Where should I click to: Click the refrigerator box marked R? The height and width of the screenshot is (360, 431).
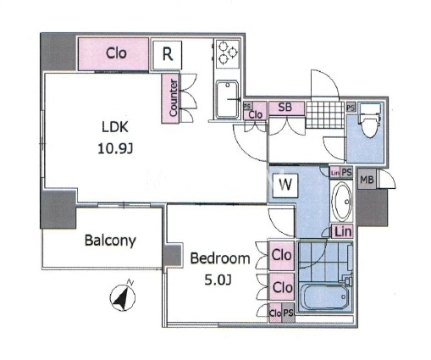pyautogui.click(x=167, y=54)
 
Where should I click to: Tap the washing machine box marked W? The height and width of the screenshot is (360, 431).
pyautogui.click(x=285, y=186)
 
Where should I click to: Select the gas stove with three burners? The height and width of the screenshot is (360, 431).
pyautogui.click(x=228, y=53)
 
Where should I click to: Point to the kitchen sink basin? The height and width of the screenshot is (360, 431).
pyautogui.click(x=227, y=99)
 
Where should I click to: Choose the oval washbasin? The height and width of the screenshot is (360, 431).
pyautogui.click(x=341, y=202)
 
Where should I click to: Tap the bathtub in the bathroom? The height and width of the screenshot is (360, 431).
pyautogui.click(x=324, y=296)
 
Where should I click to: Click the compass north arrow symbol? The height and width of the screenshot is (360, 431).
pyautogui.click(x=123, y=296)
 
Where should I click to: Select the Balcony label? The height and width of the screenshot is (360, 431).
pyautogui.click(x=110, y=241)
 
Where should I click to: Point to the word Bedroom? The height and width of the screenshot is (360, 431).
pyautogui.click(x=220, y=258)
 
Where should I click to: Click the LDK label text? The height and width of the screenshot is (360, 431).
pyautogui.click(x=115, y=127)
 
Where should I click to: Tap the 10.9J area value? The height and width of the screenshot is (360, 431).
pyautogui.click(x=115, y=148)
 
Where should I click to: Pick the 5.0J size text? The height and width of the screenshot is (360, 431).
pyautogui.click(x=218, y=280)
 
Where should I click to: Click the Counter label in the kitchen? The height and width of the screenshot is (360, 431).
pyautogui.click(x=174, y=97)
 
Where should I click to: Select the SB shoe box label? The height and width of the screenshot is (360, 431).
pyautogui.click(x=285, y=108)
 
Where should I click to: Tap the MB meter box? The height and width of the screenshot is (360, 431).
pyautogui.click(x=367, y=179)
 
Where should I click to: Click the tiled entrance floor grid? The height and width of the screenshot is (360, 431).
pyautogui.click(x=325, y=115)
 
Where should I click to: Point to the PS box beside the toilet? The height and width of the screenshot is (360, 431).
pyautogui.click(x=351, y=108)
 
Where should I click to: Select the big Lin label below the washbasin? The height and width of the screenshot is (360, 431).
pyautogui.click(x=343, y=231)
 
